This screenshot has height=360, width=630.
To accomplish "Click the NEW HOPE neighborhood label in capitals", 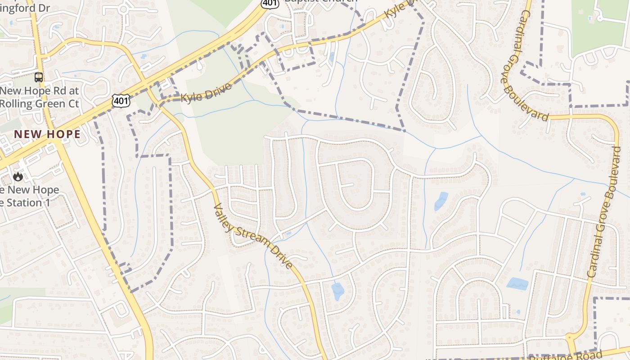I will coord(47,134).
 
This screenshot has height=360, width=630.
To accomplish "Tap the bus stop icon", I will coord(39,77).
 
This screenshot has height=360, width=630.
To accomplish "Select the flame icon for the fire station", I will coord(18,176).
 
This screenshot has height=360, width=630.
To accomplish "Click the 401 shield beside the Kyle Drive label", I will coord(121,100).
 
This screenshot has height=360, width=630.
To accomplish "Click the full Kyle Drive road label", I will coord(207,91).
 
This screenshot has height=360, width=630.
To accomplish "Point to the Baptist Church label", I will coord(321,1).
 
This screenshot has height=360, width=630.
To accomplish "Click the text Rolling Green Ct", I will coord(40,103).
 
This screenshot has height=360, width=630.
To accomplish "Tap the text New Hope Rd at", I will coord(40,90).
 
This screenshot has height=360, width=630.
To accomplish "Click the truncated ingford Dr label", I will coord(25,8).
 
